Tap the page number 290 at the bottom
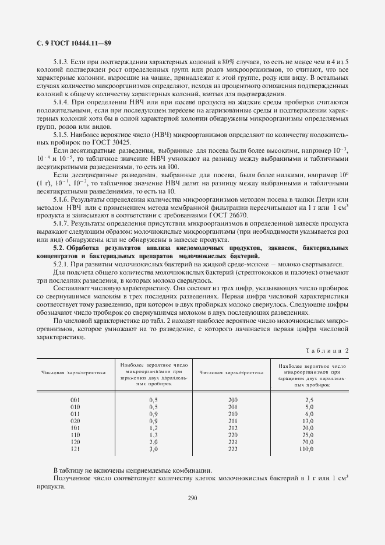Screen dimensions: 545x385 [192, 498]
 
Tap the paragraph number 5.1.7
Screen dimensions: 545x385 [61, 223]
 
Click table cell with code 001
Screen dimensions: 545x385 [75, 399]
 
